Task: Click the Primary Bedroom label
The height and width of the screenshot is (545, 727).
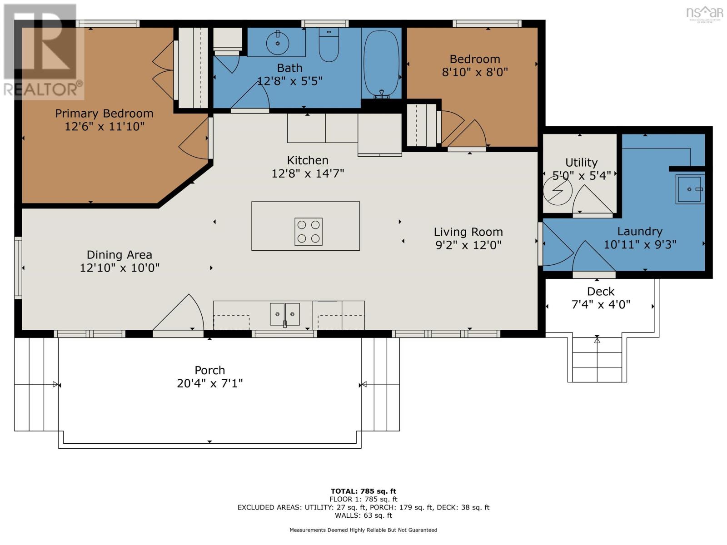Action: point(104,114)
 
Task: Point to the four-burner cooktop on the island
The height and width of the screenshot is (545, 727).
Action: point(309,232)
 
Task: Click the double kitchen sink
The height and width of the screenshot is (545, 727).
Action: point(285,314)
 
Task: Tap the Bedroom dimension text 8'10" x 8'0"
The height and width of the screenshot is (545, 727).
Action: point(475,72)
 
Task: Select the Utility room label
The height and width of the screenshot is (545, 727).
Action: point(581,163)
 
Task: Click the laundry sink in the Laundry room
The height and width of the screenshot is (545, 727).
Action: point(690,189)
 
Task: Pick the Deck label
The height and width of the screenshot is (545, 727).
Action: point(600,292)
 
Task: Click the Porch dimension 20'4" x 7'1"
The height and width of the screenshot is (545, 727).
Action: point(209,383)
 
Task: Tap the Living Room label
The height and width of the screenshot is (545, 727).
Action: point(468,232)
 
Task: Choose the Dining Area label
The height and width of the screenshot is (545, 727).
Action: point(119,255)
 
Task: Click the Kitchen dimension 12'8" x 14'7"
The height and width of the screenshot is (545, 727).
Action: point(308,173)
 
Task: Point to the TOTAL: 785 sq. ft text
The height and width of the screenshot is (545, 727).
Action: point(363,491)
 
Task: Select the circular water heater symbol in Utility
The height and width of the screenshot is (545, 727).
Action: point(558,191)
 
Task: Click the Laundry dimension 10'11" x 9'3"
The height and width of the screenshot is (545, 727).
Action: point(640,244)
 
